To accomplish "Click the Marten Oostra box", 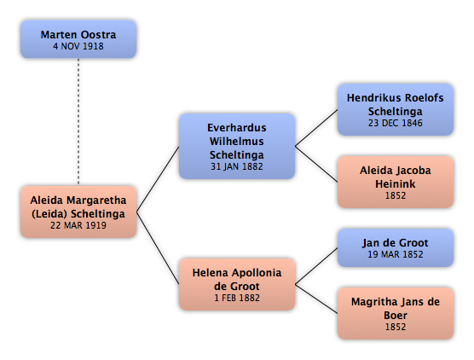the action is point(78,39).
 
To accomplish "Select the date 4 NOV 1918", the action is point(78,46).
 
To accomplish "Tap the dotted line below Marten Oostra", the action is point(78,122).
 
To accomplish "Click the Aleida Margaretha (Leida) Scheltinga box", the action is point(78,212).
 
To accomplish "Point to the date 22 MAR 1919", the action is point(78,225).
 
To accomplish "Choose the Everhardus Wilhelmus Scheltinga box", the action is point(237,146).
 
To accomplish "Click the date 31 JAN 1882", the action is point(237,166).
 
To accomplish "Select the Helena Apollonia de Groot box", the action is point(237,284).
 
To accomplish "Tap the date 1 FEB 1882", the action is point(237,298).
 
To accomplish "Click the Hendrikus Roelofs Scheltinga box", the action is point(396,109).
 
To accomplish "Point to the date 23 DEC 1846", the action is point(396,123).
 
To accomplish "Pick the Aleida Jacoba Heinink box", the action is point(396,182).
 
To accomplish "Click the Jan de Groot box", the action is point(396,247).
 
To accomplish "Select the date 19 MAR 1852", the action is point(396,254).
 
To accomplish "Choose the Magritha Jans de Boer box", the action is point(396,313).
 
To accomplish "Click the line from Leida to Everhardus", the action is point(158,179).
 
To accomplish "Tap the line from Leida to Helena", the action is point(158,248).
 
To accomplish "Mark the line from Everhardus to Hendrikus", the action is point(316,128).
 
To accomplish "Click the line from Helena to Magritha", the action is point(316,299).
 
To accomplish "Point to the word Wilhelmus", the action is point(237,142).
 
